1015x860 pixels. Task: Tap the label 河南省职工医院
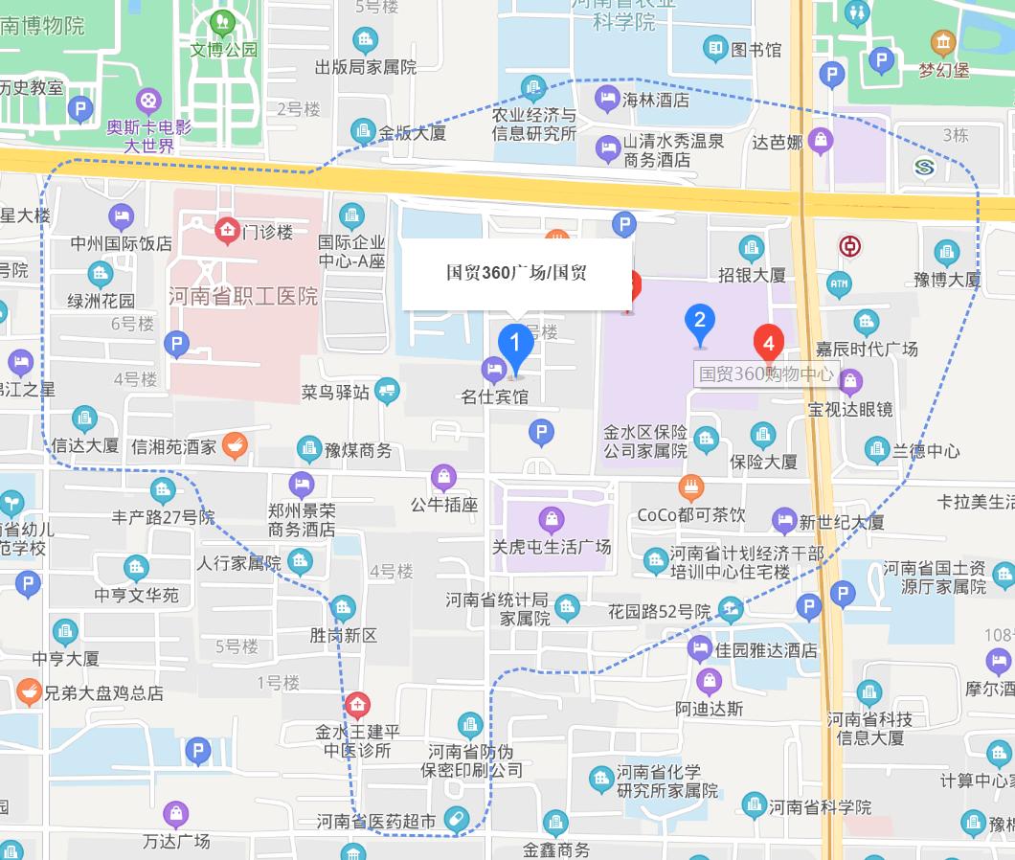click(x=243, y=297)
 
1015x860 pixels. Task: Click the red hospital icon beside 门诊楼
click(x=227, y=230)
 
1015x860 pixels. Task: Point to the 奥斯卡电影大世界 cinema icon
click(x=148, y=99)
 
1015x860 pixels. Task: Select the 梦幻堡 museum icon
click(x=943, y=43)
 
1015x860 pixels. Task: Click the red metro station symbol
click(x=848, y=247)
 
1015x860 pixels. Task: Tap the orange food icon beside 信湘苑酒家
click(x=235, y=445)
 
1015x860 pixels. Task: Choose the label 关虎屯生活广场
click(x=552, y=548)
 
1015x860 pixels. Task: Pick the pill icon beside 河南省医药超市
click(x=457, y=819)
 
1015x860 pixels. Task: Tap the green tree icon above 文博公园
click(x=223, y=21)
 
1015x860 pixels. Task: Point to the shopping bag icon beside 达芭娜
click(x=820, y=142)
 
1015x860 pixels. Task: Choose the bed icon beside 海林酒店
click(x=606, y=98)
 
